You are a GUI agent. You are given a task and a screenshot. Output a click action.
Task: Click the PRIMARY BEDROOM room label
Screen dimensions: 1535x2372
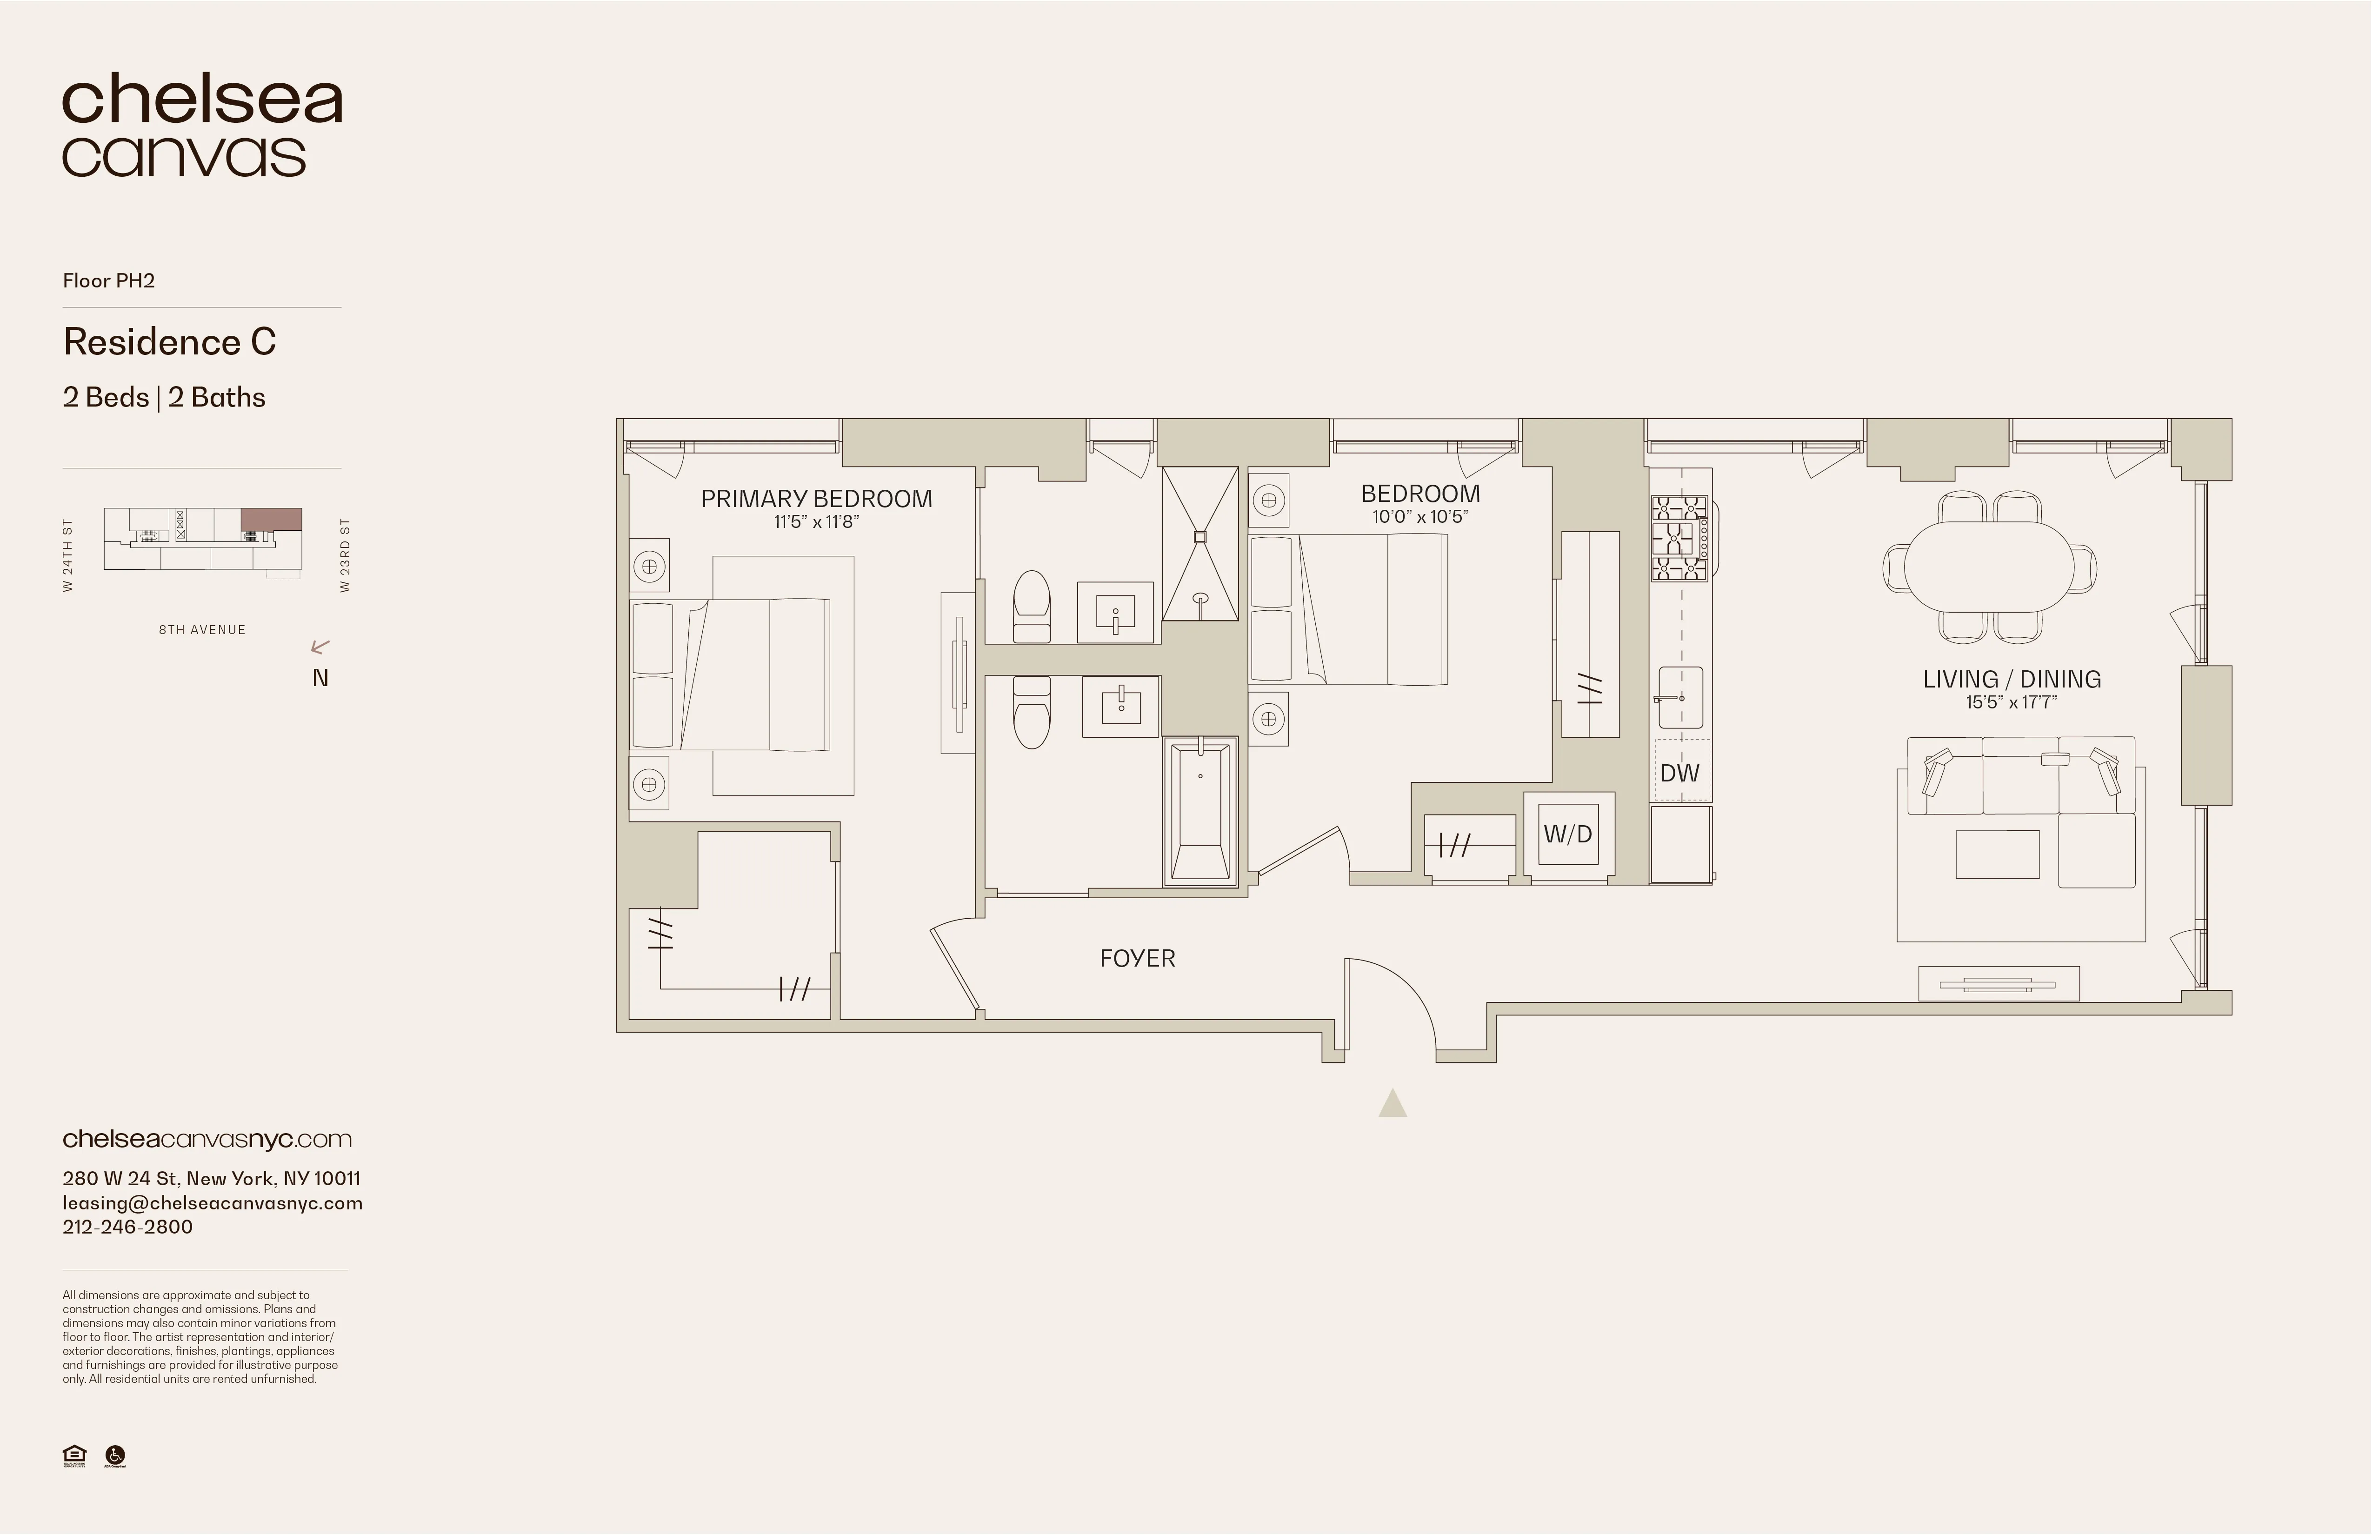[x=816, y=498]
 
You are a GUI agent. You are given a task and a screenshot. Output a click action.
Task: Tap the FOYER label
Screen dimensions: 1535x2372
[x=1137, y=958]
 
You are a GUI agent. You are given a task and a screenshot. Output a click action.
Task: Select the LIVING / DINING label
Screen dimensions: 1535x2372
[x=2011, y=679]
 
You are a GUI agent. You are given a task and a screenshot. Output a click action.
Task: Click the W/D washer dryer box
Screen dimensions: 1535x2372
[x=1568, y=834]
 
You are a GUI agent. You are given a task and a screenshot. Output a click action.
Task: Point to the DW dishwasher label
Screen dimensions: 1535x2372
[x=1679, y=773]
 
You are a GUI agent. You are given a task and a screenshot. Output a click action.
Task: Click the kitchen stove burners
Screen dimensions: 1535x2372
[x=1679, y=538]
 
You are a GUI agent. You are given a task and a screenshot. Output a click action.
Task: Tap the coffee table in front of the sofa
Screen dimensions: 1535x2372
[x=1997, y=853]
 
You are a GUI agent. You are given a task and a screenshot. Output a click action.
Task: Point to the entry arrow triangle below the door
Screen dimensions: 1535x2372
[x=1393, y=1103]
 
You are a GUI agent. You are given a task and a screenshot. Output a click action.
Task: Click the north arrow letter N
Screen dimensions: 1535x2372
[x=320, y=678]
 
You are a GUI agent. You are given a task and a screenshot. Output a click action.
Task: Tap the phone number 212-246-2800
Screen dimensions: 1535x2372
[x=127, y=1227]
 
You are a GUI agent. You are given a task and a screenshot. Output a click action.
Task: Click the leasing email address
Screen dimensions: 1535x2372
[x=212, y=1203]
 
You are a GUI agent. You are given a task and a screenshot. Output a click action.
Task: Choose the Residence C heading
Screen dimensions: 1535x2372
[x=169, y=342]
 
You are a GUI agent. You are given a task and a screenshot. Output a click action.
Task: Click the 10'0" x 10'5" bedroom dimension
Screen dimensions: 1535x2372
[x=1420, y=516]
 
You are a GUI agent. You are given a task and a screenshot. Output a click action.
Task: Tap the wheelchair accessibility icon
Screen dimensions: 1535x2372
[x=116, y=1456]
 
